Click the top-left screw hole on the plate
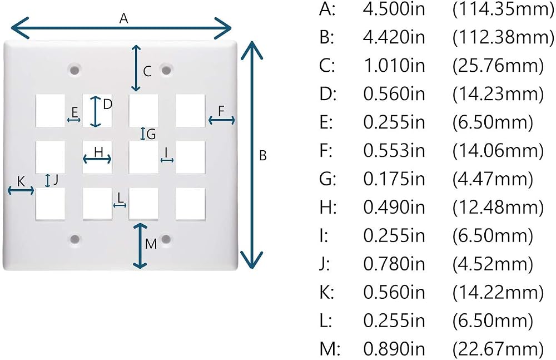[75, 69]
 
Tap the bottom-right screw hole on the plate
[166, 239]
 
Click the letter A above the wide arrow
[123, 18]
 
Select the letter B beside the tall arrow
[263, 155]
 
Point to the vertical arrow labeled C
[136, 68]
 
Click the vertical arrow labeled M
[141, 246]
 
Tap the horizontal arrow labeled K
[21, 191]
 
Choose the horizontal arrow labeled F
[222, 120]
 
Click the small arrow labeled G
[143, 134]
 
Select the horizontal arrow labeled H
[97, 159]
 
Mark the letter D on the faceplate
[108, 105]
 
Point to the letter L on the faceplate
[121, 197]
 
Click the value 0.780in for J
[394, 263]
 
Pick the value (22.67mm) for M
[498, 349]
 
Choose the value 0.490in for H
[394, 207]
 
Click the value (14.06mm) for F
[498, 150]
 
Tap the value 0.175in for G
[394, 179]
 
